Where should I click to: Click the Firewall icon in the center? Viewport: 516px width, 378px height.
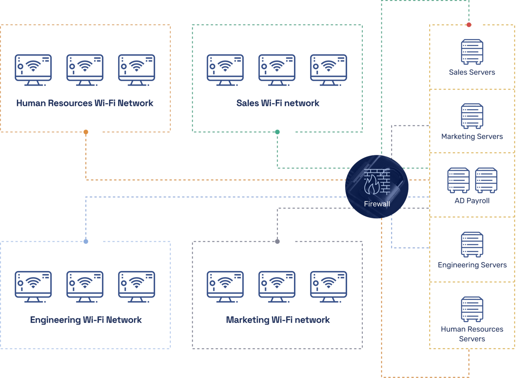tap(377, 186)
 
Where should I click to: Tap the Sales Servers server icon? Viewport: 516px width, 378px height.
tap(472, 51)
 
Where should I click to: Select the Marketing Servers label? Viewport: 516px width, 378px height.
tap(472, 136)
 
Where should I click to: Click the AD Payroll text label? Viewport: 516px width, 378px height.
tap(472, 201)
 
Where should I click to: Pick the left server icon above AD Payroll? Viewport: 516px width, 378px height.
tap(458, 180)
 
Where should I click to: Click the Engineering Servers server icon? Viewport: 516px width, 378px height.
tap(472, 244)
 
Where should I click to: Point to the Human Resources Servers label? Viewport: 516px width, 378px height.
tap(472, 334)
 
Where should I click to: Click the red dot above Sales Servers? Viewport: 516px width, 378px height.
tap(469, 25)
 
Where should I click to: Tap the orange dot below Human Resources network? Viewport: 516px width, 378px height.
tap(86, 132)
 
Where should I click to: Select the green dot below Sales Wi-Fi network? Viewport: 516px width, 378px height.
tap(277, 132)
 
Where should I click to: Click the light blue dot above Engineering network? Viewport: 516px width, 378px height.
tap(86, 241)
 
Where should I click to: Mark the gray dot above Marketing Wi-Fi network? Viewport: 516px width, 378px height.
tap(277, 241)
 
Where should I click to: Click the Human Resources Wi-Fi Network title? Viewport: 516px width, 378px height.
tap(85, 103)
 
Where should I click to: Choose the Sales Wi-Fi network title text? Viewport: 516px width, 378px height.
tap(278, 103)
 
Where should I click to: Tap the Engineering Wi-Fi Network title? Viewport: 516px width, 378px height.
tap(86, 319)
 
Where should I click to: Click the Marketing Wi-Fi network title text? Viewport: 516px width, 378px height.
tap(278, 319)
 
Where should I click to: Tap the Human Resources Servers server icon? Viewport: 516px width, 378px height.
tap(472, 309)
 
